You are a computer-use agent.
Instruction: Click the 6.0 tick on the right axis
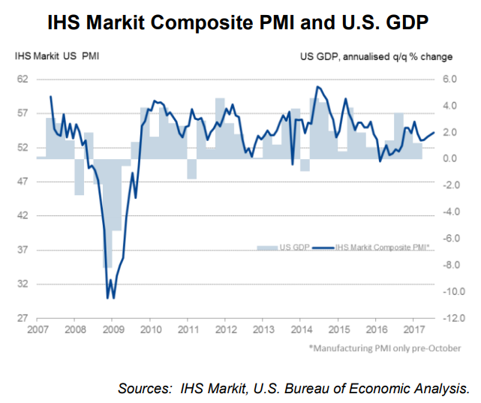(x=449, y=79)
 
